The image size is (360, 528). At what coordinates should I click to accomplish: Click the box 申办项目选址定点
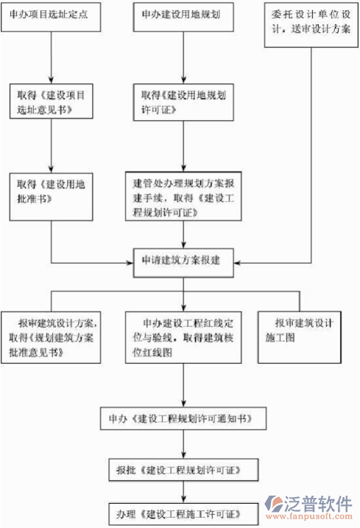[51, 16]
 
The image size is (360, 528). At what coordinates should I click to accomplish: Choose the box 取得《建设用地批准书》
[51, 192]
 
